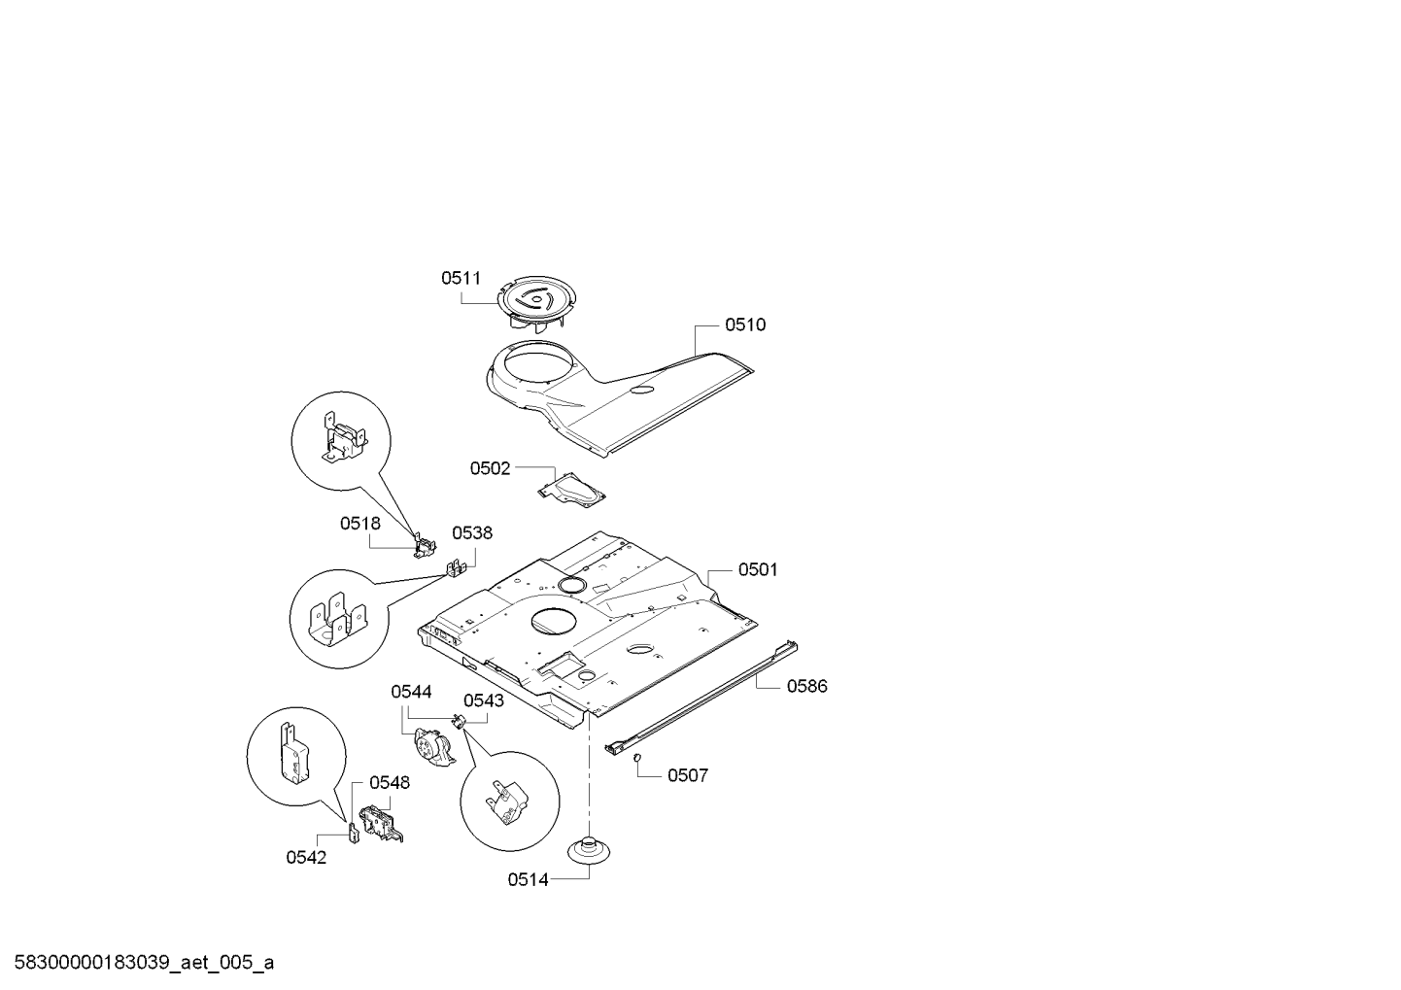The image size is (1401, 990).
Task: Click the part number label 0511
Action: [461, 278]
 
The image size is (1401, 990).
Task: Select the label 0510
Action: [745, 324]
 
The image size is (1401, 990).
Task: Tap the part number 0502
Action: [490, 468]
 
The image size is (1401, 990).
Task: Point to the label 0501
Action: [758, 569]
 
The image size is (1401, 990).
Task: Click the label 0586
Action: [806, 686]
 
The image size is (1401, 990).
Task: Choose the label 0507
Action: [687, 775]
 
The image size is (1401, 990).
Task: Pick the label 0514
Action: [528, 879]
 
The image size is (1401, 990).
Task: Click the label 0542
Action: [306, 857]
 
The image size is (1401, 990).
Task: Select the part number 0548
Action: [389, 782]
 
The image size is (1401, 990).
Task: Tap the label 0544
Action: [411, 692]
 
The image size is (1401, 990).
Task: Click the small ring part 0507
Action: [635, 758]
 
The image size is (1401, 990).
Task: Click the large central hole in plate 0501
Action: [550, 623]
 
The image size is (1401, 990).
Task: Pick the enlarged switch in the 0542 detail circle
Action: [292, 753]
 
